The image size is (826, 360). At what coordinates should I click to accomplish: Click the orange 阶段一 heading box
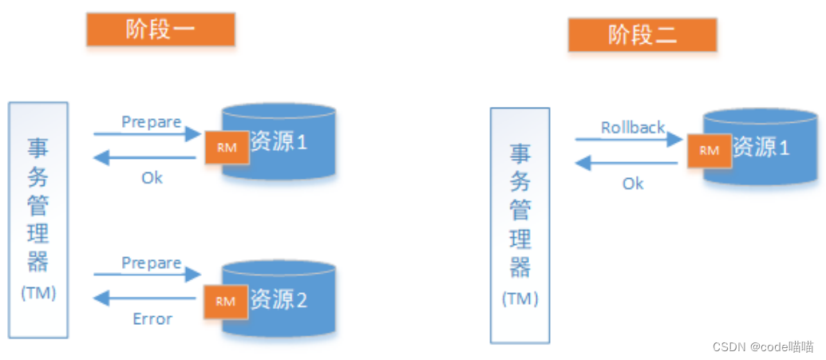click(160, 30)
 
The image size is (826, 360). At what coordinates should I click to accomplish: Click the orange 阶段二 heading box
click(642, 35)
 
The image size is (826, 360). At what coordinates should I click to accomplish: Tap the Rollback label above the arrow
click(633, 128)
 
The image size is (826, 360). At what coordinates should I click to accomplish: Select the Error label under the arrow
click(152, 319)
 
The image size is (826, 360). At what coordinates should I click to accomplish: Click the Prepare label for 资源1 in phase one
click(152, 122)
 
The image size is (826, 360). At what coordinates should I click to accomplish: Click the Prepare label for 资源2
click(152, 263)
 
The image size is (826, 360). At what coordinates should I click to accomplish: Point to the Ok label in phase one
click(152, 178)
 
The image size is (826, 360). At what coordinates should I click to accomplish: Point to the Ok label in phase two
click(633, 184)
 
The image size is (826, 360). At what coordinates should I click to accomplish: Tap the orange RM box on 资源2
click(226, 301)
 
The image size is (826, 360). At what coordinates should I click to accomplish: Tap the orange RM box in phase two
click(709, 149)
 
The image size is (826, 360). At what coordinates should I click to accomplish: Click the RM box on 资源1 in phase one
click(227, 147)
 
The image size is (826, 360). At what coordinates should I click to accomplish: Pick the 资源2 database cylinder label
click(279, 300)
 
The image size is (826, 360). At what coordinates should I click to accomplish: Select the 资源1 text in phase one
click(279, 144)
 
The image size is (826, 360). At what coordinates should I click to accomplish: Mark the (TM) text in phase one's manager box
click(38, 293)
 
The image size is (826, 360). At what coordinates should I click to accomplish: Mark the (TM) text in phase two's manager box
click(520, 299)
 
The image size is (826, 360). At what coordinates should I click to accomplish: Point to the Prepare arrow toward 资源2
click(147, 275)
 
